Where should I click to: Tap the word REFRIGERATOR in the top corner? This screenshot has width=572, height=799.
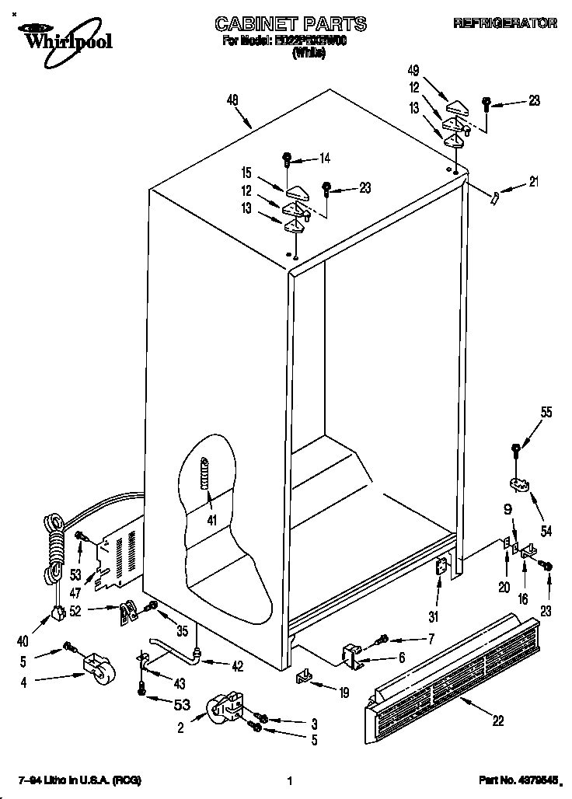[505, 24]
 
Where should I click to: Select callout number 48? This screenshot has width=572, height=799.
[232, 99]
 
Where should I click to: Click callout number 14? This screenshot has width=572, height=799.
[324, 159]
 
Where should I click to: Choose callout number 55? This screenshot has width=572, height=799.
[546, 413]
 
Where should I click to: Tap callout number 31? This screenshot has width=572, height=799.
[434, 617]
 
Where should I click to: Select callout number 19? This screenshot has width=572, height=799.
[344, 690]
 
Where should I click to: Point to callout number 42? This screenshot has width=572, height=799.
[237, 665]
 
